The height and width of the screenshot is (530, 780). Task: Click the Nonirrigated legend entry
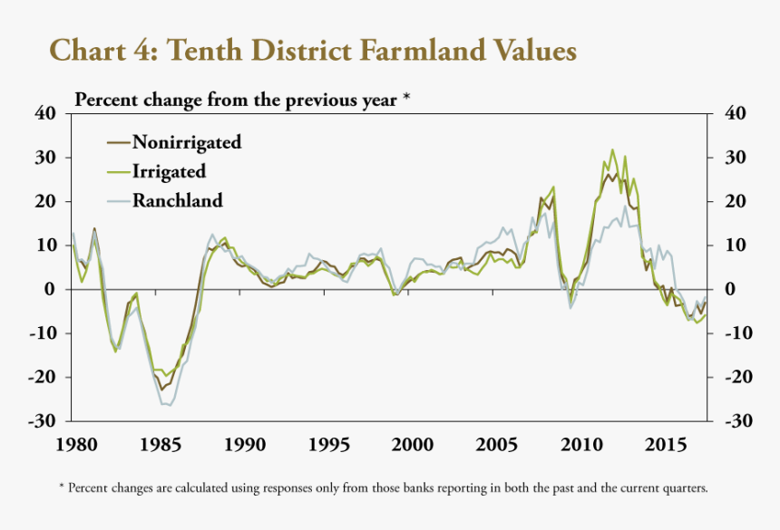click(187, 141)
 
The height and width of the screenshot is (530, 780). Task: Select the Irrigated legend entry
click(169, 171)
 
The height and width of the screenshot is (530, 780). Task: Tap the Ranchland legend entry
click(177, 200)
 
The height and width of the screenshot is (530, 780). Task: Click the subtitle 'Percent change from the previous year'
click(236, 99)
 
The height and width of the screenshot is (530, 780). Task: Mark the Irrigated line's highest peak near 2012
click(612, 149)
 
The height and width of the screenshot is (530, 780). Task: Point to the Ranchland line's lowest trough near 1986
click(169, 405)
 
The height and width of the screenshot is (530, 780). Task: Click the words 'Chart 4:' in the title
click(101, 50)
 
